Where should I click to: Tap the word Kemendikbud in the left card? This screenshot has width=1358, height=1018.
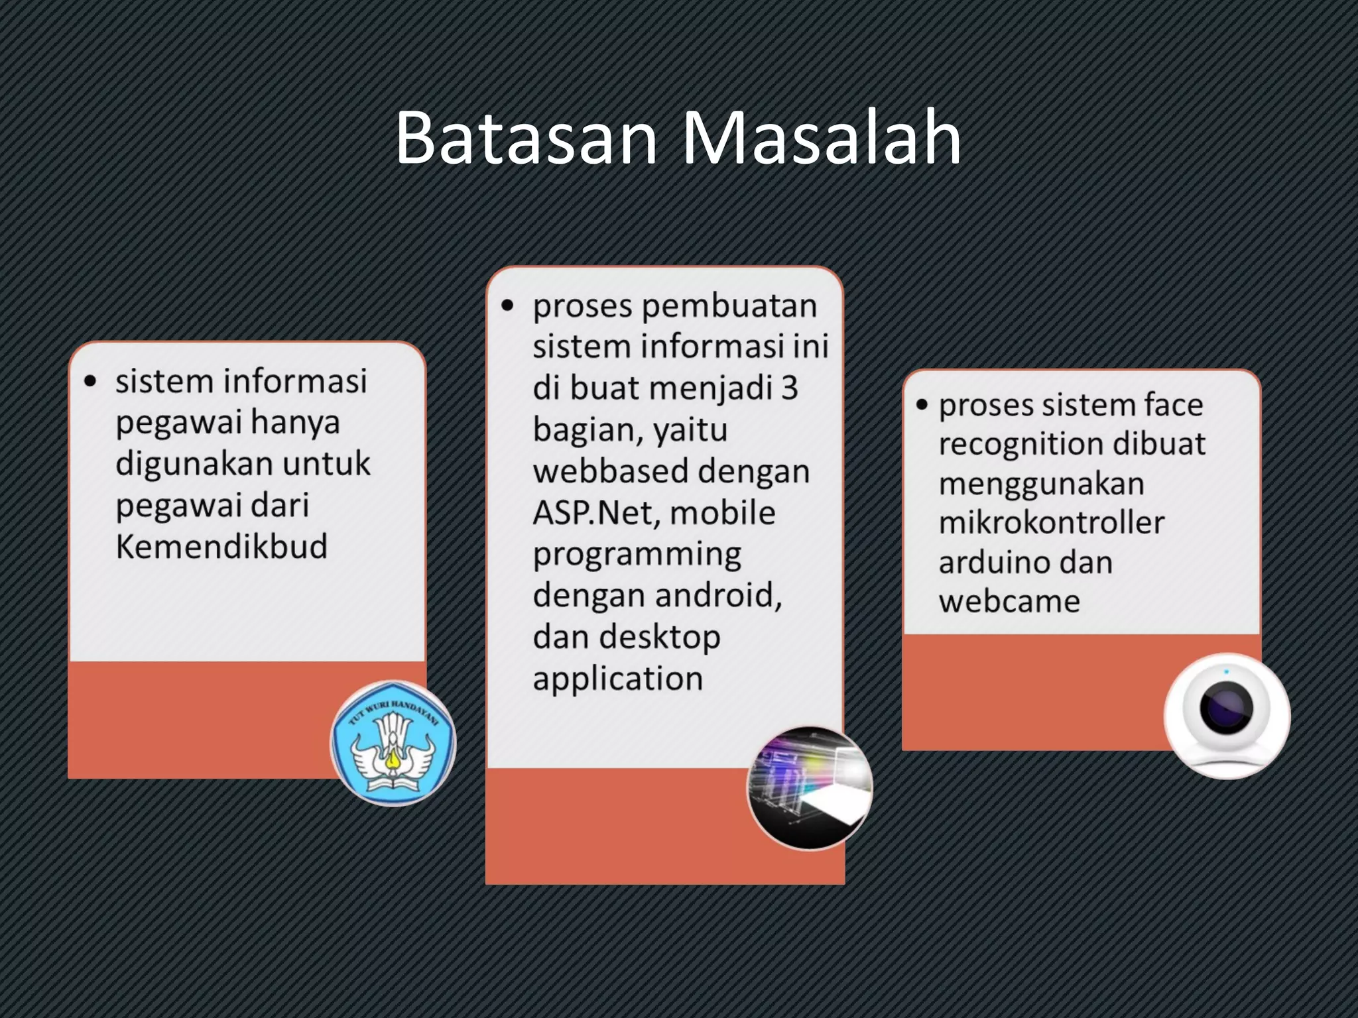(x=221, y=547)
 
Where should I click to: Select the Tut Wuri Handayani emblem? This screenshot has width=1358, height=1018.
(x=393, y=743)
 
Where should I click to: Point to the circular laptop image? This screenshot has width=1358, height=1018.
(x=810, y=788)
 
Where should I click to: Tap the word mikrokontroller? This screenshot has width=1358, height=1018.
(x=1051, y=522)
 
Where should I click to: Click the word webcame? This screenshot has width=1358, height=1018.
(x=1009, y=601)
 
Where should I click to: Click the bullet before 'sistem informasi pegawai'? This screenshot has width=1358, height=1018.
(x=91, y=382)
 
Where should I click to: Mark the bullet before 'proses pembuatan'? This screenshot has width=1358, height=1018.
(x=508, y=306)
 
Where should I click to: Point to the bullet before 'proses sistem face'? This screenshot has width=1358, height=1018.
(x=922, y=405)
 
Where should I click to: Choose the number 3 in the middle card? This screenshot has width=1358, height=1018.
(x=789, y=388)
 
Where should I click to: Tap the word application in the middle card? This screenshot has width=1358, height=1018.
(x=617, y=679)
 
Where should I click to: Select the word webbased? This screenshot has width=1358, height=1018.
(x=611, y=471)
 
